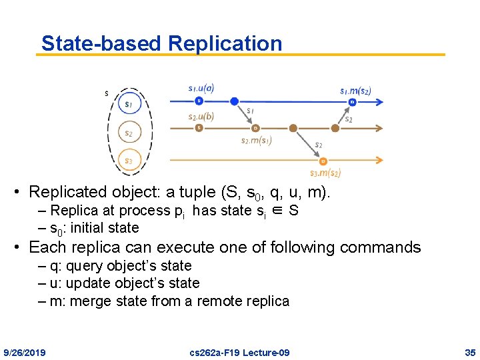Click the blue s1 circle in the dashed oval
[x=129, y=104]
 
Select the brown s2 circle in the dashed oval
[x=129, y=133]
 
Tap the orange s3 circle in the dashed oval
[x=129, y=161]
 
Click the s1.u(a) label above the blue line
[x=201, y=88]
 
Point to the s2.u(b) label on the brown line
[x=201, y=117]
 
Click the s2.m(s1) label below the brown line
[x=256, y=141]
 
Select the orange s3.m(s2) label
[x=325, y=173]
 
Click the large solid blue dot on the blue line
[x=234, y=101]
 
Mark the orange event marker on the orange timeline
[x=323, y=161]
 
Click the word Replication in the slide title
[x=225, y=44]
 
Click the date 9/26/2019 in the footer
[x=25, y=352]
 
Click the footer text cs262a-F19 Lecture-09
[x=240, y=352]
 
